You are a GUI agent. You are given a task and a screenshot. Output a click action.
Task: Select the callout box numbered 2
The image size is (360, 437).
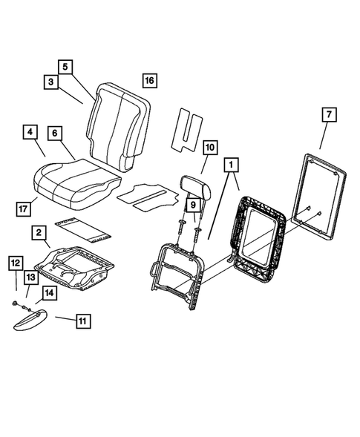pyautogui.click(x=36, y=233)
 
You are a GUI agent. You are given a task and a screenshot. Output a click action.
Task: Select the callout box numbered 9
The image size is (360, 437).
pyautogui.click(x=192, y=204)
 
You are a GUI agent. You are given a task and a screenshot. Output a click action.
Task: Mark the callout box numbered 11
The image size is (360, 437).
pyautogui.click(x=82, y=321)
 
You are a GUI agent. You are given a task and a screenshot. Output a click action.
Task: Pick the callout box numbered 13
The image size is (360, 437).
pyautogui.click(x=30, y=277)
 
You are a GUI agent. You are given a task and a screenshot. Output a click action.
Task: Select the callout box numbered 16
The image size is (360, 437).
pyautogui.click(x=150, y=80)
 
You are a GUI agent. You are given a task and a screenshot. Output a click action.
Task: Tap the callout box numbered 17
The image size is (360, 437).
pyautogui.click(x=22, y=208)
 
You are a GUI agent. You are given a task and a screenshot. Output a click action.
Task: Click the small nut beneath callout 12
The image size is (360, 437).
pyautogui.click(x=16, y=305)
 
